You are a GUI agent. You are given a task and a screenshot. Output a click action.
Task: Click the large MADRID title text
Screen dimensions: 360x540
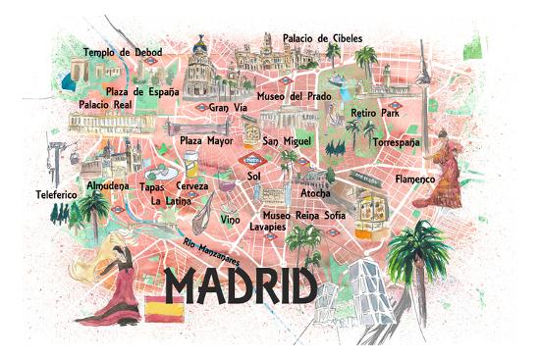coord(241,285)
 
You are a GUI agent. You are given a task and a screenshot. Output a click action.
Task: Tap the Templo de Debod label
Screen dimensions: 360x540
coord(122,52)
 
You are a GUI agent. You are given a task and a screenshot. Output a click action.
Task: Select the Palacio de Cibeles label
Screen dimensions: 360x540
coord(322,38)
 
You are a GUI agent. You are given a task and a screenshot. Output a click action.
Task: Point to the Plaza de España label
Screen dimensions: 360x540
coord(143,91)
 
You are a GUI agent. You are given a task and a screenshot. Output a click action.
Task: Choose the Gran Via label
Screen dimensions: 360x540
coord(227,107)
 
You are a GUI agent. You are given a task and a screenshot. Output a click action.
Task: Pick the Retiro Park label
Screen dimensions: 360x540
coord(375,114)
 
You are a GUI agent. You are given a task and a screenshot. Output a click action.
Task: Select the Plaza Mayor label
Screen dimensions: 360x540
coord(205,140)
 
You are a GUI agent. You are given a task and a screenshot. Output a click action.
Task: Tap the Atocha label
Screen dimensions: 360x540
coord(315,193)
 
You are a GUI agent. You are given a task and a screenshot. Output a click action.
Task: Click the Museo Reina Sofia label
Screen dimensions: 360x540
coord(303,214)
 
